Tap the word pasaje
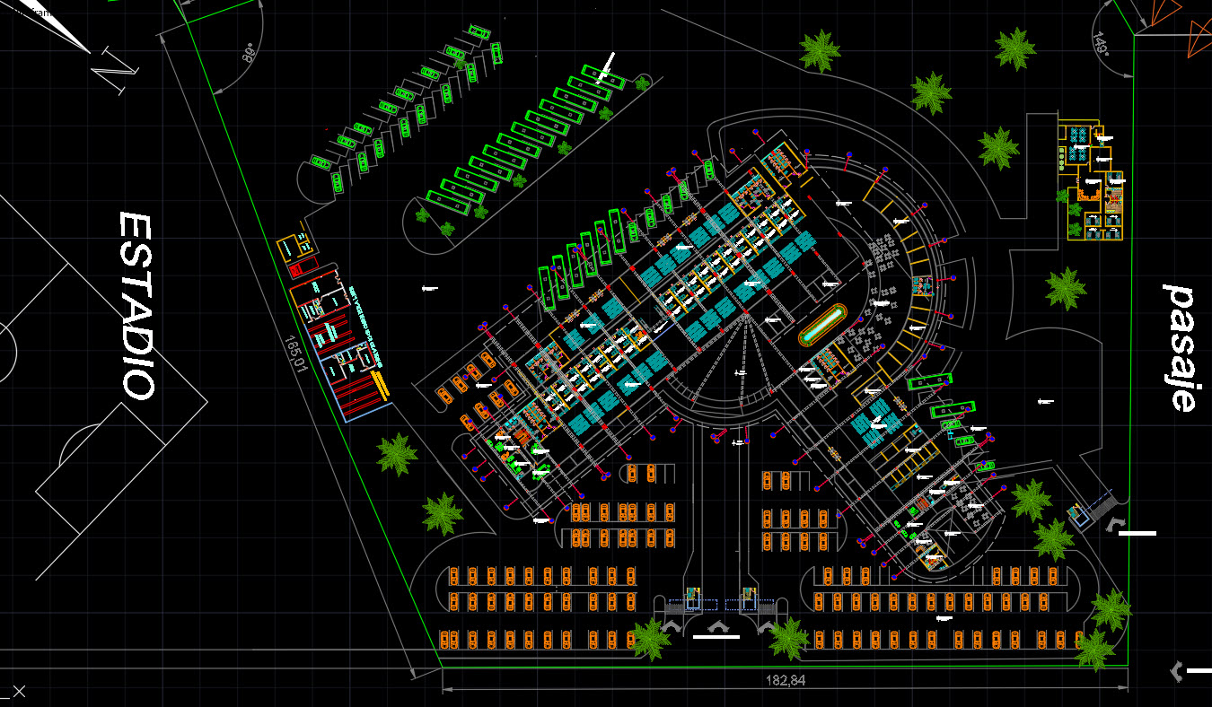pos(1181,347)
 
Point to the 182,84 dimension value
pos(785,681)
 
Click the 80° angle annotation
pos(249,53)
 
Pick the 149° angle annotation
pos(1101,43)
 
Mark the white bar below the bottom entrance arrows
pos(716,637)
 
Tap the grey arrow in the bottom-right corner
pos(1177,669)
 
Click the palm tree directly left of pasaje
pos(1066,288)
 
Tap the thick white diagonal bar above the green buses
pos(607,67)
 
